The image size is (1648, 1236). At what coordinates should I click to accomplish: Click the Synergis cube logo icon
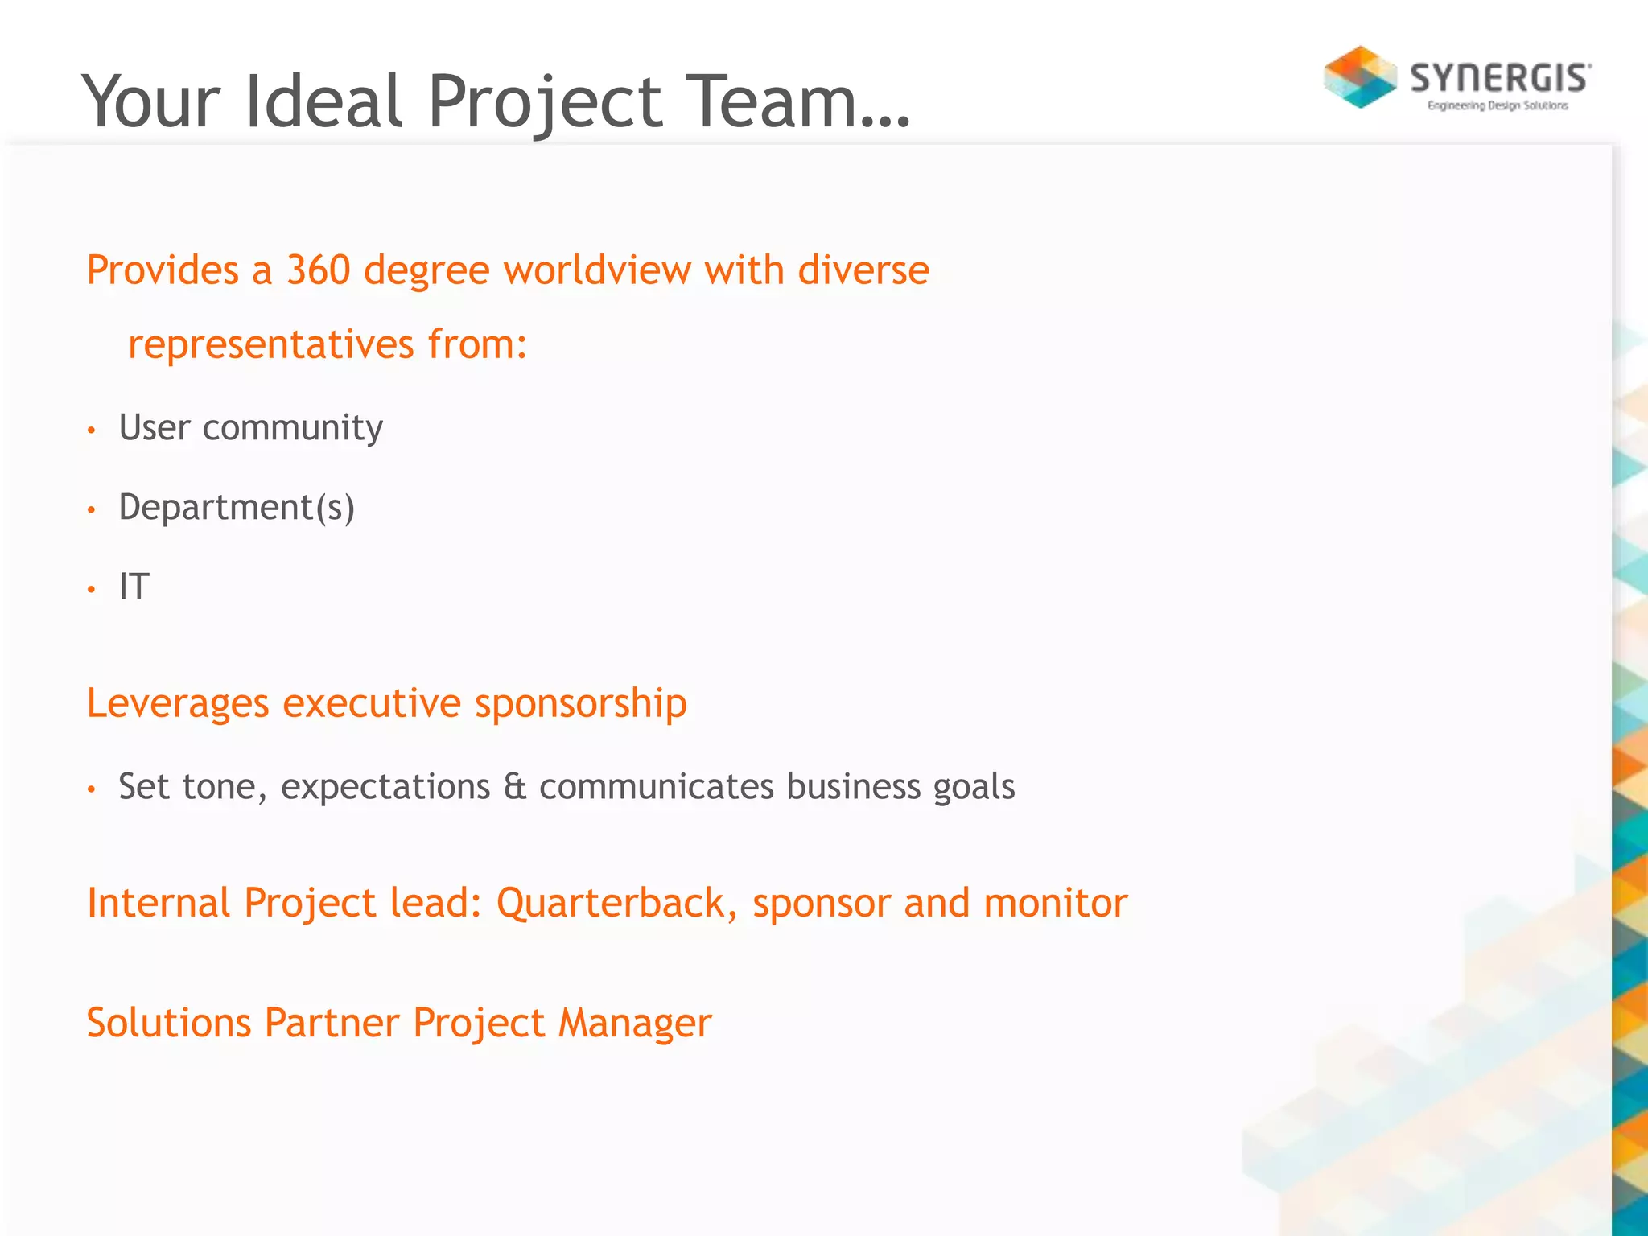(x=1360, y=77)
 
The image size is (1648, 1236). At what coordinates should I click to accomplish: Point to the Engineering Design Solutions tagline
(x=1498, y=105)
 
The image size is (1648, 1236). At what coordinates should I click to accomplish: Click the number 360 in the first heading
(x=319, y=270)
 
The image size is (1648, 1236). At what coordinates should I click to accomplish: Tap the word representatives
(x=271, y=344)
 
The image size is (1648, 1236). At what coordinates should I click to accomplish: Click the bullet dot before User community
(x=92, y=431)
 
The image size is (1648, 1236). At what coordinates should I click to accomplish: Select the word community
(x=292, y=428)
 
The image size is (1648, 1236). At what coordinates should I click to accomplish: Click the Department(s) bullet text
(x=237, y=508)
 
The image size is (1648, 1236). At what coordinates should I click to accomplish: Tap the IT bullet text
(x=134, y=587)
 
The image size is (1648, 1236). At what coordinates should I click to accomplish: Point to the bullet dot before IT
(x=92, y=590)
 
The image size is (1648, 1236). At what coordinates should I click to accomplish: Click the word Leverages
(x=178, y=704)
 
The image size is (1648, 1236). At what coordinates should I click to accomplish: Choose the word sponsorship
(x=580, y=704)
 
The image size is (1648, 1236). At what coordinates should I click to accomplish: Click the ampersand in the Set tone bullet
(x=515, y=787)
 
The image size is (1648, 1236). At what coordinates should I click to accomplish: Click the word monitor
(x=1055, y=903)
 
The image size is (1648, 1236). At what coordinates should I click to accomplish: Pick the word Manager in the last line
(x=635, y=1024)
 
